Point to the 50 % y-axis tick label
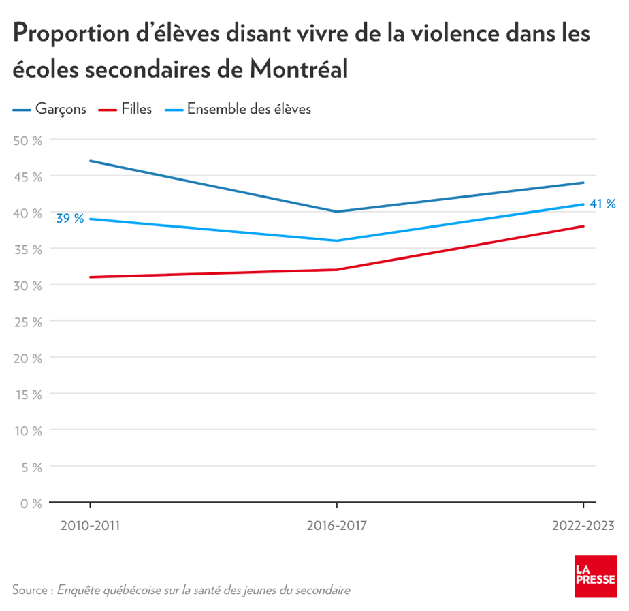[28, 140]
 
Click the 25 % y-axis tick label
[28, 322]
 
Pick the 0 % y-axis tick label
[31, 503]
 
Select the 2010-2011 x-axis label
[90, 526]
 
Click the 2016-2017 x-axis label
[336, 526]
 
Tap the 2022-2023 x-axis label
[583, 526]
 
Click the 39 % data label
[69, 219]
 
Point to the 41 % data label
[602, 204]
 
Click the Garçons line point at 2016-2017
[336, 212]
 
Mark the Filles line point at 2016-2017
[336, 270]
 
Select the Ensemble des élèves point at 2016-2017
[336, 240]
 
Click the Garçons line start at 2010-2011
[90, 161]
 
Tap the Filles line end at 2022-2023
[583, 226]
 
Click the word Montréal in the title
[299, 68]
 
